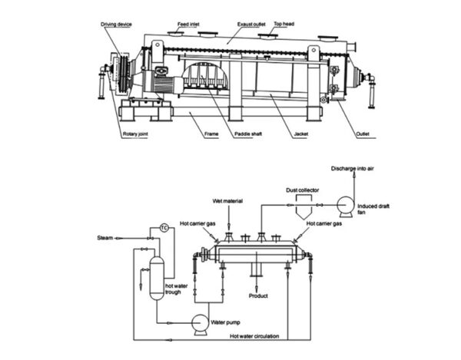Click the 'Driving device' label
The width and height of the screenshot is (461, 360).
117,25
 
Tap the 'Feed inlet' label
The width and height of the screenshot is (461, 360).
188,25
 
